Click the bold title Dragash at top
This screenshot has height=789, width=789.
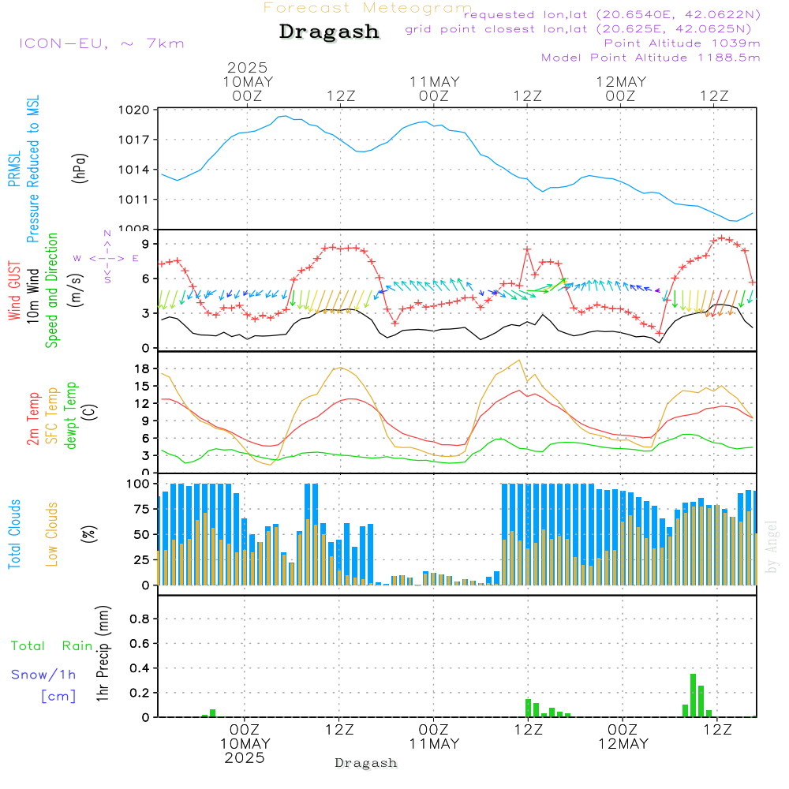[x=329, y=32]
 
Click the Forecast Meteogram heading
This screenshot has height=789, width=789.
[x=368, y=8]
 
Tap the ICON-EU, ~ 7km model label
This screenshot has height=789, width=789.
[x=102, y=43]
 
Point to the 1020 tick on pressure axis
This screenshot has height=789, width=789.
[x=134, y=110]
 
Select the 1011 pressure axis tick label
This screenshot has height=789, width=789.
[x=134, y=200]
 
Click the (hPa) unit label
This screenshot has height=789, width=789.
[x=79, y=168]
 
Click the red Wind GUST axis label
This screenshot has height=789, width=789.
[x=14, y=290]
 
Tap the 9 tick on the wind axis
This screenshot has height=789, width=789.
[x=146, y=244]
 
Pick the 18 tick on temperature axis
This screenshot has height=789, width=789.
[x=142, y=368]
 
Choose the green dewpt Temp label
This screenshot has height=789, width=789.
[x=70, y=415]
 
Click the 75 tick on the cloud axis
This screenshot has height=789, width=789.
[x=142, y=509]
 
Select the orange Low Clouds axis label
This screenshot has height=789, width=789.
[x=52, y=534]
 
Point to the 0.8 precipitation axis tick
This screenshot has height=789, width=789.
[x=140, y=619]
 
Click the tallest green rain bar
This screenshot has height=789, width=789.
[x=693, y=695]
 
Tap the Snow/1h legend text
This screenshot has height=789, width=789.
[x=43, y=675]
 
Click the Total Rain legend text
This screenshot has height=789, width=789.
[x=52, y=646]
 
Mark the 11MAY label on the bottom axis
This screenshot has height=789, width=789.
[x=434, y=744]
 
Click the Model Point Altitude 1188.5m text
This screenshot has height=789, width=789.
[x=651, y=58]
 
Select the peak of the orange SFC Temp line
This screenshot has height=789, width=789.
[x=519, y=361]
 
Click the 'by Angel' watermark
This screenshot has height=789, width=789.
[x=772, y=547]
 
